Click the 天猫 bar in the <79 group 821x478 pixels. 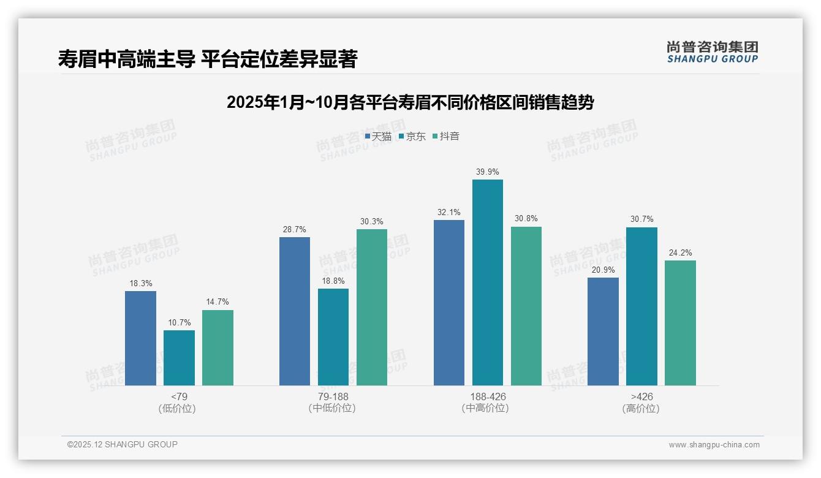pyautogui.click(x=140, y=338)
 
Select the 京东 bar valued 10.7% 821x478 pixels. pyautogui.click(x=179, y=358)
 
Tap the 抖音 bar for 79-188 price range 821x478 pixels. pyautogui.click(x=372, y=307)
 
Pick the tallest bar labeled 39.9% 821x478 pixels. pyautogui.click(x=488, y=283)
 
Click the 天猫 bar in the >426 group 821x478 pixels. pyautogui.click(x=603, y=332)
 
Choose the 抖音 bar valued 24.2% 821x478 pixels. pyautogui.click(x=680, y=323)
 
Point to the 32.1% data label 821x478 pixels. pyautogui.click(x=448, y=212)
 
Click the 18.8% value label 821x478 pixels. pyautogui.click(x=333, y=281)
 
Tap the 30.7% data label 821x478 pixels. pyautogui.click(x=641, y=219)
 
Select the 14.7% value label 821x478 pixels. pyautogui.click(x=218, y=302)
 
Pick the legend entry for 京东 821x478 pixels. pyautogui.click(x=412, y=137)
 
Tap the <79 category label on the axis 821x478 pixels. pyautogui.click(x=179, y=396)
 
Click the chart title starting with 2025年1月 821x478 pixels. pyautogui.click(x=410, y=102)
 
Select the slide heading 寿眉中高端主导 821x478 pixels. pyautogui.click(x=207, y=59)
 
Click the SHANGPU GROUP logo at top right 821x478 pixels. pyautogui.click(x=712, y=51)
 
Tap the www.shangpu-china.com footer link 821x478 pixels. pyautogui.click(x=714, y=445)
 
